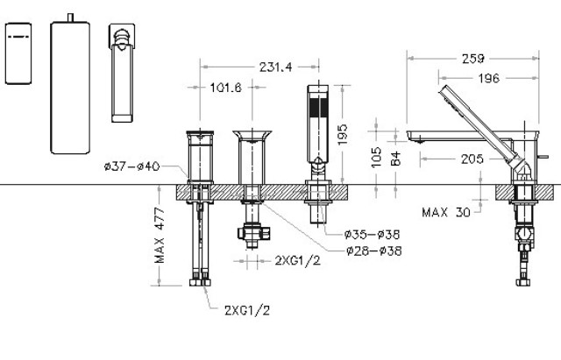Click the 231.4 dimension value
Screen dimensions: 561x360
275,67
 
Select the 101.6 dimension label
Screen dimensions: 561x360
226,88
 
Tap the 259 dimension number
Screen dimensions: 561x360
472,59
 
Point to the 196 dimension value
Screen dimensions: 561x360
489,78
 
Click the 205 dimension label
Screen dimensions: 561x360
472,159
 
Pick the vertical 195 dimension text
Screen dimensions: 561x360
343,134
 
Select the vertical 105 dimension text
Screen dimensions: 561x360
376,158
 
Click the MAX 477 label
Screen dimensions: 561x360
160,236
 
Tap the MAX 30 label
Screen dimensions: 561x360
446,212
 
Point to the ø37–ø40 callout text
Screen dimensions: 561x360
132,166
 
